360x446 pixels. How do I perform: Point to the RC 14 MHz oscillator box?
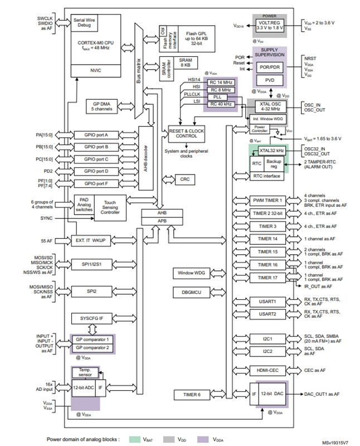[x=220, y=81]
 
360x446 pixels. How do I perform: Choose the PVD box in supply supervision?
[x=269, y=80]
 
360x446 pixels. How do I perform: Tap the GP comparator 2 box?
[x=91, y=348]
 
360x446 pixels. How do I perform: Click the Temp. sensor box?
[x=85, y=372]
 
